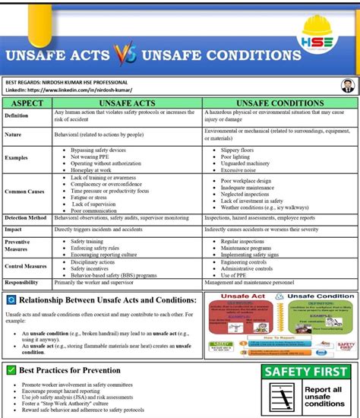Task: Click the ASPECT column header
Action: tap(27, 101)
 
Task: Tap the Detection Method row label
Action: tap(27, 217)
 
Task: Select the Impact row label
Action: tap(13, 229)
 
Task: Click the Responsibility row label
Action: tap(22, 282)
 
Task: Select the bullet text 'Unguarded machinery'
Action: tap(248, 163)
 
